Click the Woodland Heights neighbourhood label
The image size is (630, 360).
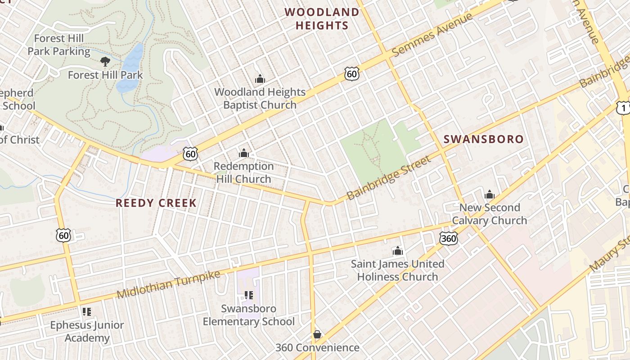[x=322, y=18]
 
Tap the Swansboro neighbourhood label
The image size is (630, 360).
[x=484, y=139]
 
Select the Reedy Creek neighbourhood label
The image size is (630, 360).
[x=156, y=203]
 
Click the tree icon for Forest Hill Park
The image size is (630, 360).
[x=105, y=62]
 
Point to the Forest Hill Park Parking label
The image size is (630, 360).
[x=59, y=45]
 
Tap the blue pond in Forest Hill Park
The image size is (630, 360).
[x=130, y=67]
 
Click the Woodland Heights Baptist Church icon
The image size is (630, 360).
[x=260, y=79]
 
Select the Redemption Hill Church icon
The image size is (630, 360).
[x=244, y=153]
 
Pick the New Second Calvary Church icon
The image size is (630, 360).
[x=490, y=195]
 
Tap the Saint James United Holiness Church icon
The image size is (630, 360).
[x=398, y=251]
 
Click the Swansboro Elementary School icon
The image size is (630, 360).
[x=248, y=295]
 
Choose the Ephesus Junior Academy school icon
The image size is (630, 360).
[x=87, y=311]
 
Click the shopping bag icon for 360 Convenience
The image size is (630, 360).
[x=317, y=334]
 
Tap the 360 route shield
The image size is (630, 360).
[x=449, y=238]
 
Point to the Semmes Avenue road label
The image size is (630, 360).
[x=432, y=35]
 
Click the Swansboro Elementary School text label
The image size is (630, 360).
[x=248, y=315]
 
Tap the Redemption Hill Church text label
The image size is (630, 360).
[x=244, y=172]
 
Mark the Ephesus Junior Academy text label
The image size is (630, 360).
[x=87, y=331]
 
